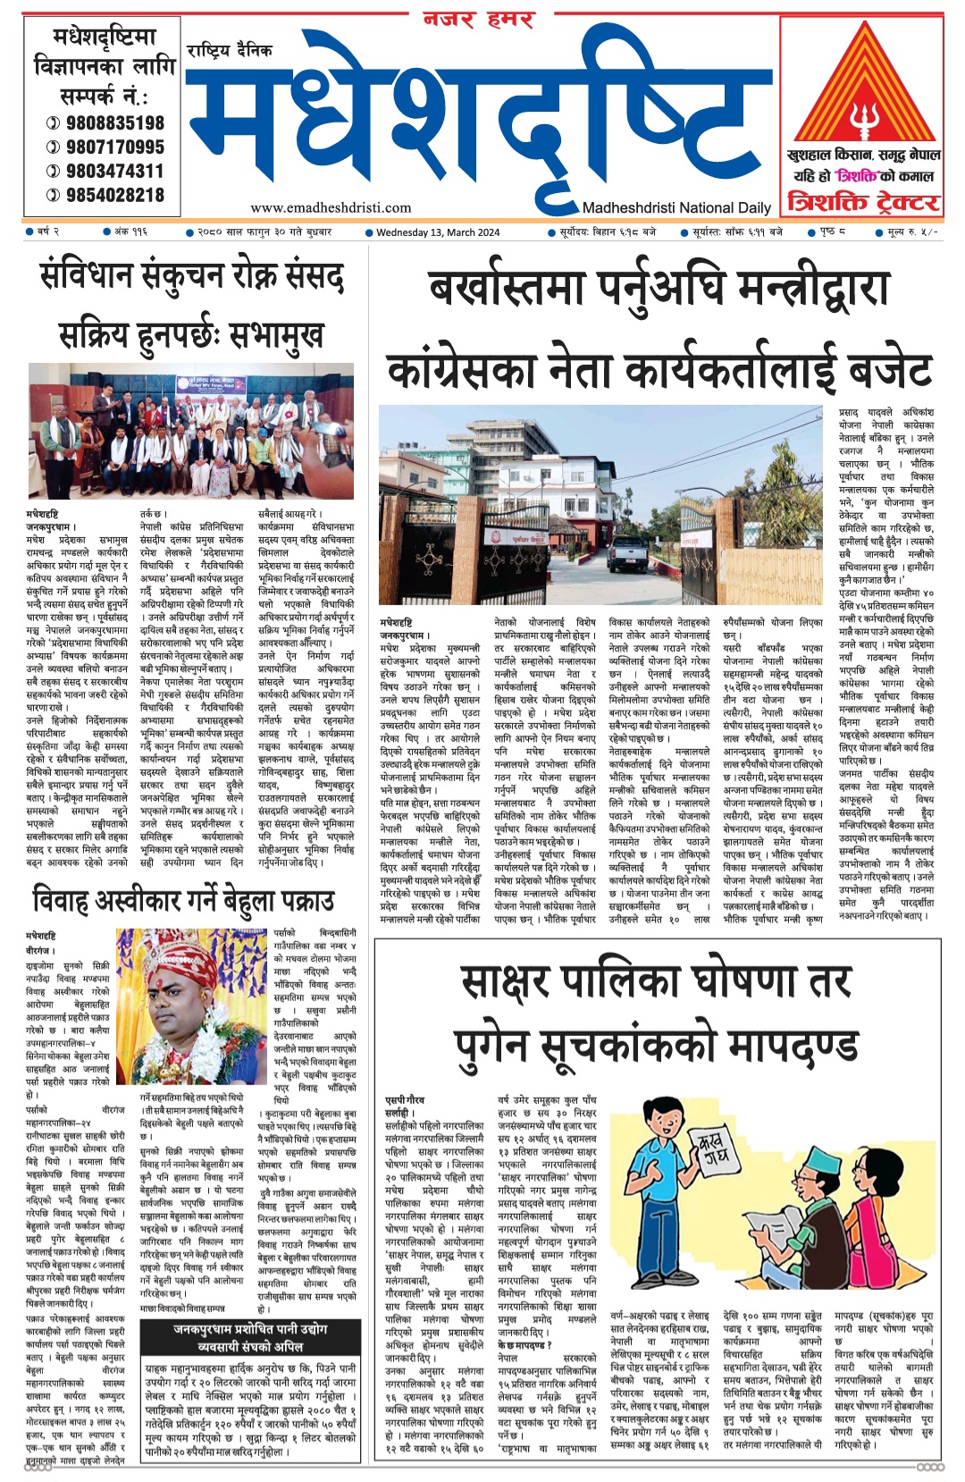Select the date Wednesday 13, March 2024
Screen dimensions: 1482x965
(438, 232)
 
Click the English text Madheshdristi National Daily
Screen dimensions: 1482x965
(676, 207)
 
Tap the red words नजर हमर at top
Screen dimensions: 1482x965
(478, 19)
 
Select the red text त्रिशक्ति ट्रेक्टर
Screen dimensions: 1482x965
(861, 202)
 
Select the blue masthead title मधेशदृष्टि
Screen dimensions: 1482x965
(478, 116)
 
